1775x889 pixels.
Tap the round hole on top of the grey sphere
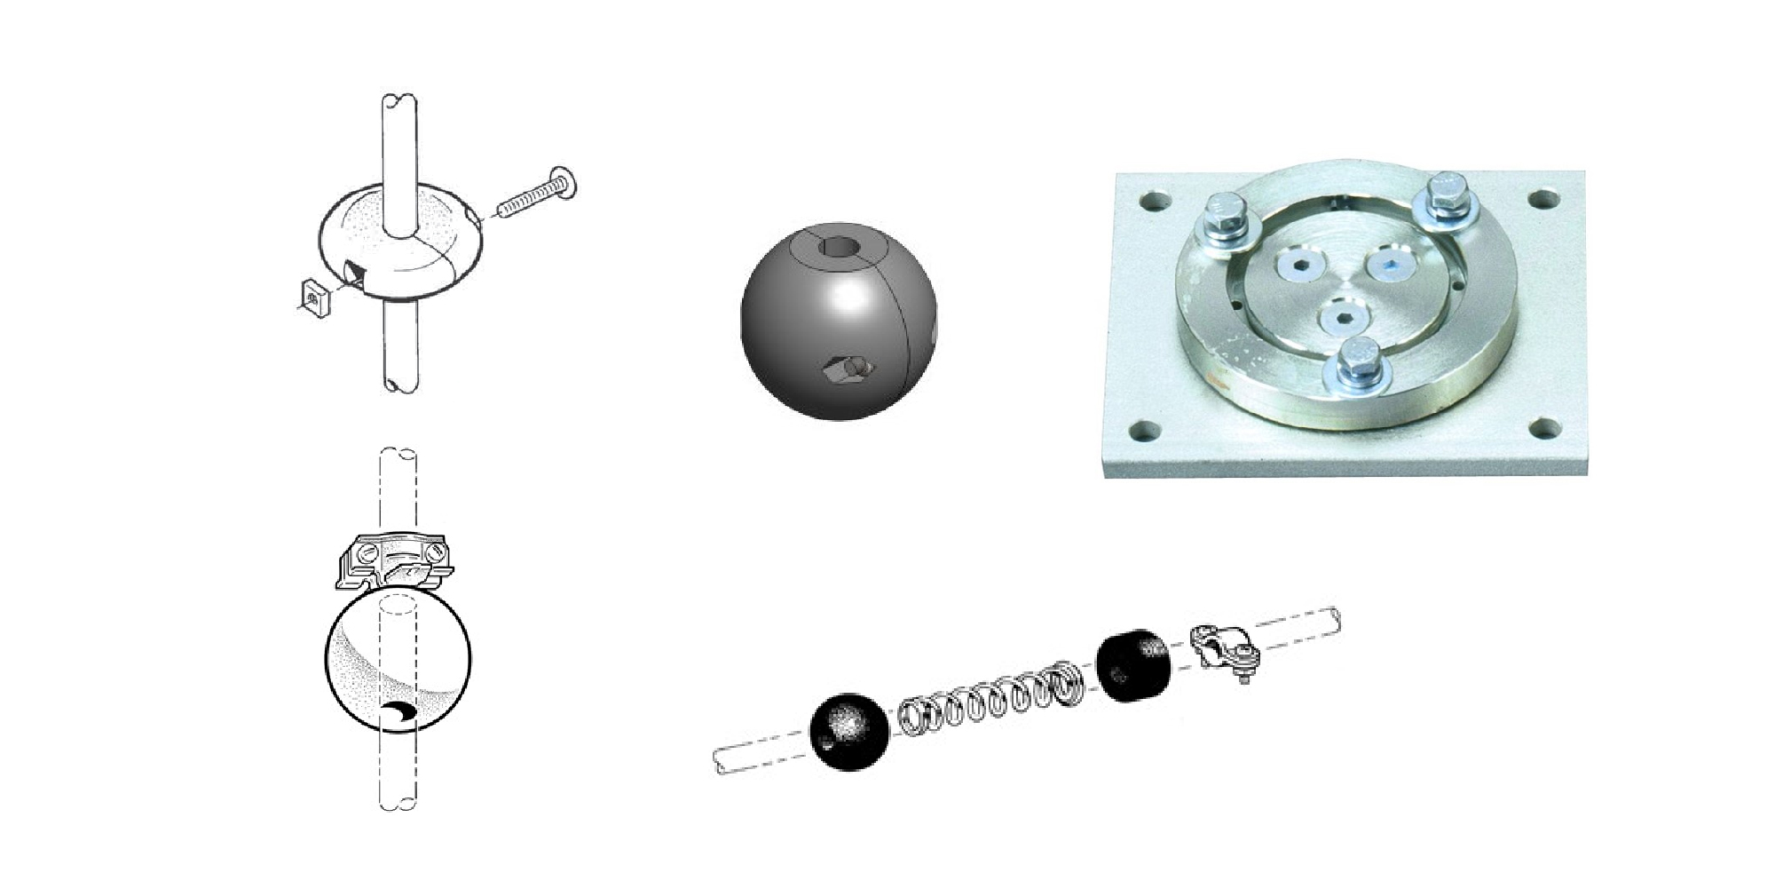tap(836, 249)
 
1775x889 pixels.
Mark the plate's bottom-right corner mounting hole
tap(1549, 428)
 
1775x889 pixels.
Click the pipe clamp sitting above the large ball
tap(392, 561)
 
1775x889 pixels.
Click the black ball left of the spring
tap(849, 731)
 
